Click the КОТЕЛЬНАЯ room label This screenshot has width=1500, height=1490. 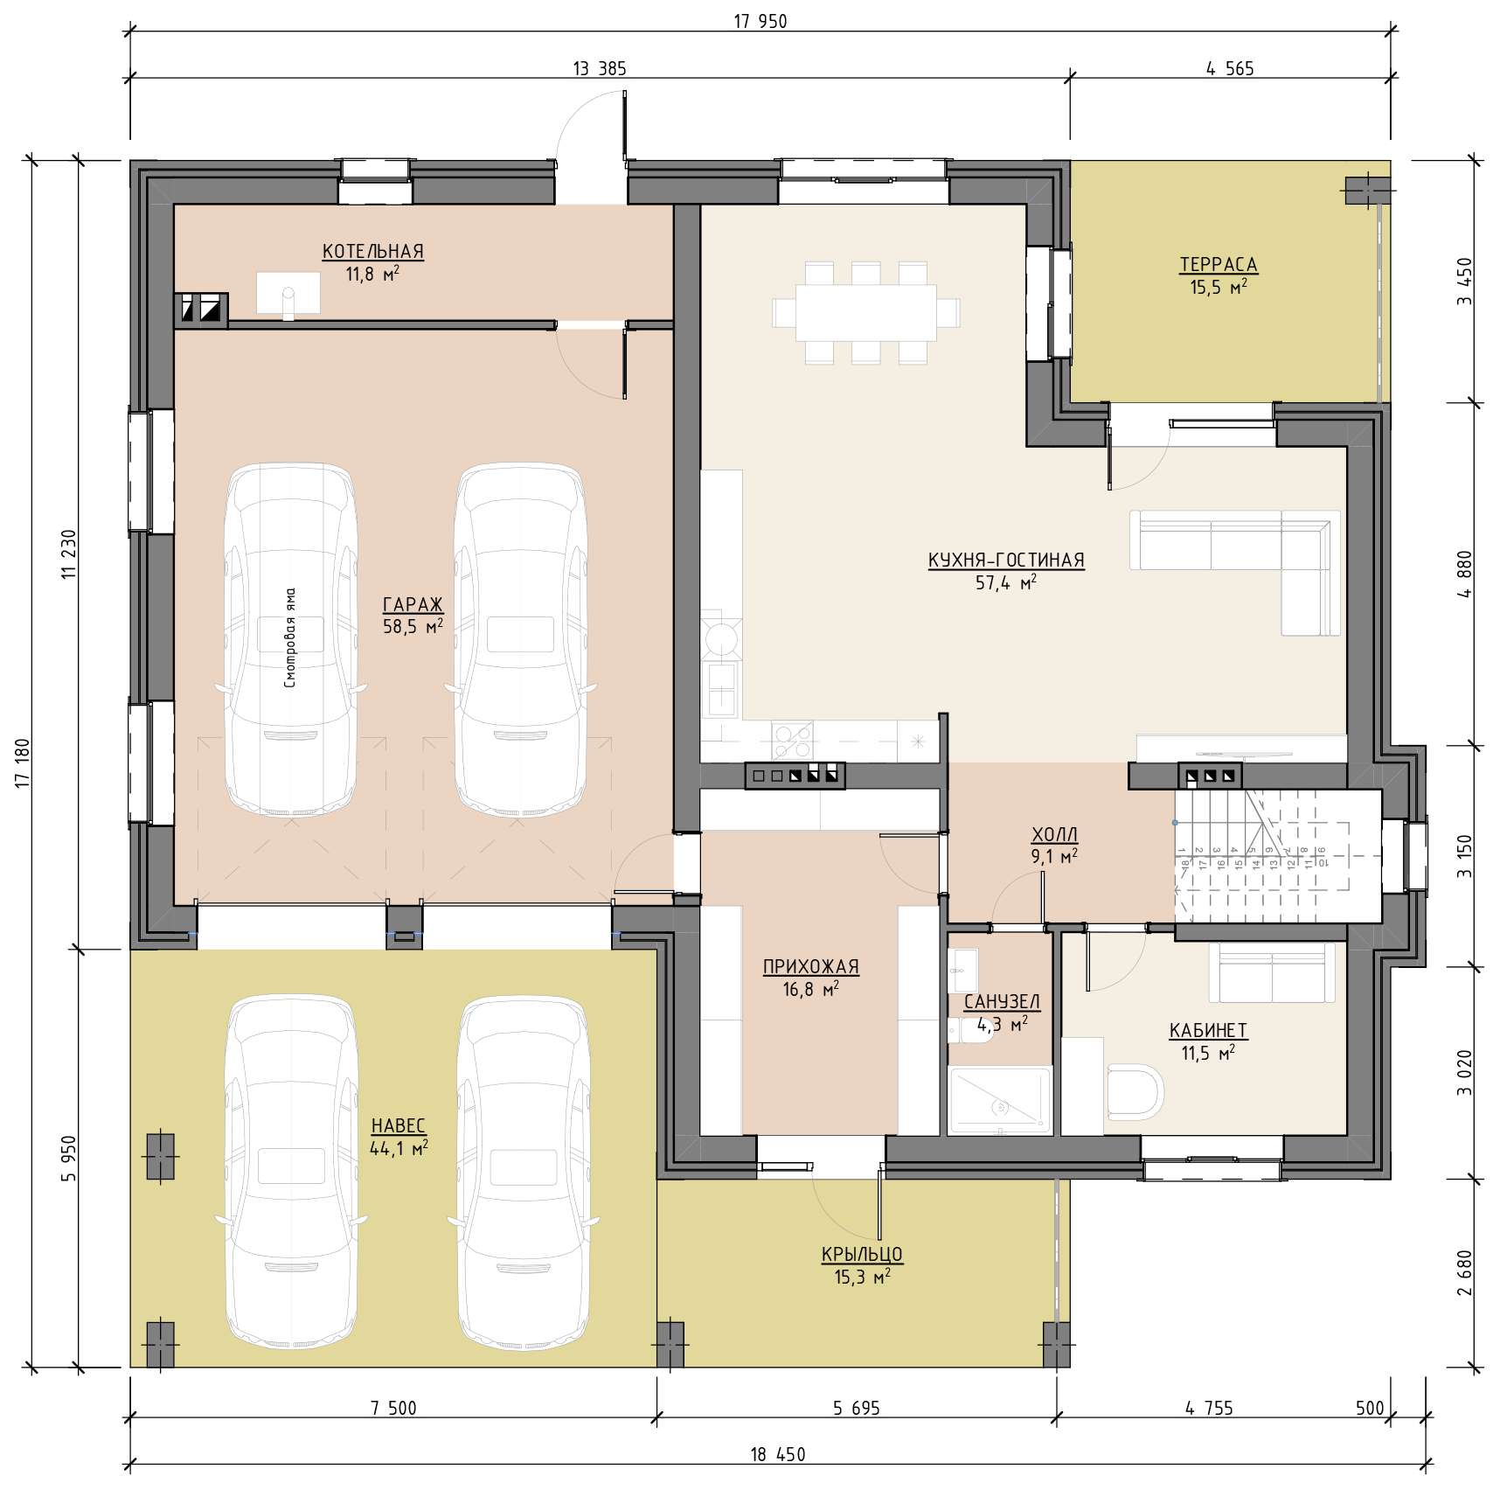coord(373,252)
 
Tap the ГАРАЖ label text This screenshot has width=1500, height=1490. coord(413,604)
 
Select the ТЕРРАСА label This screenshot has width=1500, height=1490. coord(1219,265)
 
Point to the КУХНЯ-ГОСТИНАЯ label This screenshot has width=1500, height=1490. coord(1006,560)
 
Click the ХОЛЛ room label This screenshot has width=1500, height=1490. coord(1055,834)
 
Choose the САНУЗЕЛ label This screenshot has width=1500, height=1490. coord(1002,1002)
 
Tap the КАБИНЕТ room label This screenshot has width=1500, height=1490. coord(1208,1031)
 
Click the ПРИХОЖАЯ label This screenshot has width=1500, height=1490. coord(811,966)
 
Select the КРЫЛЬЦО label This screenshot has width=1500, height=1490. coord(862,1254)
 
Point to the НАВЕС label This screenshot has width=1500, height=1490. coord(399,1125)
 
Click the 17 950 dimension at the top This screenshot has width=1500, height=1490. coord(760,22)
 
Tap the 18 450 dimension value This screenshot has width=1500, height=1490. coord(778,1455)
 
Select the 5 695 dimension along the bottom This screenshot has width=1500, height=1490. coord(857,1408)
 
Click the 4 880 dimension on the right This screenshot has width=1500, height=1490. coord(1465,574)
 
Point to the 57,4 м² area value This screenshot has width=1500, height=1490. coord(1006,581)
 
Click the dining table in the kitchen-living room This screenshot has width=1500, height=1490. coord(865,312)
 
